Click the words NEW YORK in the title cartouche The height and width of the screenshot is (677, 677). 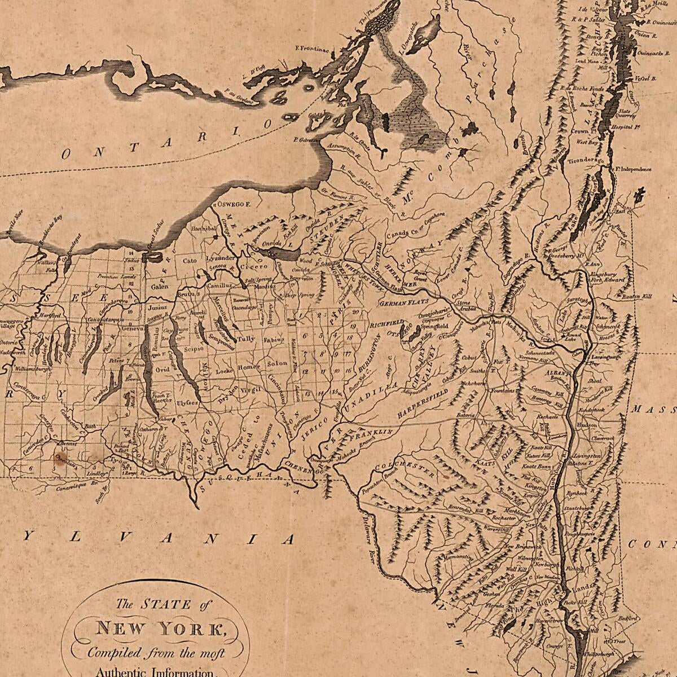point(160,628)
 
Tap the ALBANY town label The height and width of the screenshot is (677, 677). point(555,373)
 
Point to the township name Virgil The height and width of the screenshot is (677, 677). point(251,389)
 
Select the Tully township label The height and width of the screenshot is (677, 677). point(246,339)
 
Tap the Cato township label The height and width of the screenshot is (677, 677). point(189,261)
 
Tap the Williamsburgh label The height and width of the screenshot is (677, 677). point(33,369)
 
